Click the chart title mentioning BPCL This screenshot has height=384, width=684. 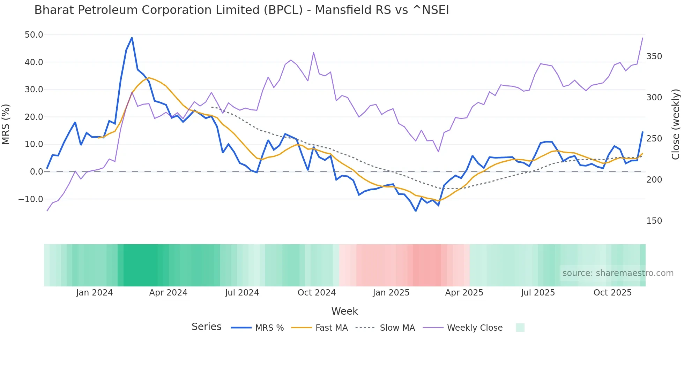(241, 10)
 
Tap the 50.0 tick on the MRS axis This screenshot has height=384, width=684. (34, 35)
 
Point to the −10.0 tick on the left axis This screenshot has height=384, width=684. (31, 199)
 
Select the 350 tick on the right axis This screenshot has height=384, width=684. (654, 56)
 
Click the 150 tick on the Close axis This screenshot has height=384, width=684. (654, 221)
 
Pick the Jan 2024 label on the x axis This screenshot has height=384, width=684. (94, 293)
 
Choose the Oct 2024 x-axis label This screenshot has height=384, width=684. (317, 293)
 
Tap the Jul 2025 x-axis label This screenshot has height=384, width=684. (538, 293)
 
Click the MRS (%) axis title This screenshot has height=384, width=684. (6, 124)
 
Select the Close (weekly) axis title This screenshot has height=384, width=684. (676, 124)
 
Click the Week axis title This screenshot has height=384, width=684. (344, 311)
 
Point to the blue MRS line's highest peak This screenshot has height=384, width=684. (132, 38)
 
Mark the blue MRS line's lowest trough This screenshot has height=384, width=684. (416, 211)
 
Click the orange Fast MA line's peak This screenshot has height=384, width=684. (149, 78)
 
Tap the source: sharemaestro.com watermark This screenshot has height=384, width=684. (618, 273)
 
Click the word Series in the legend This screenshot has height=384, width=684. (206, 327)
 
